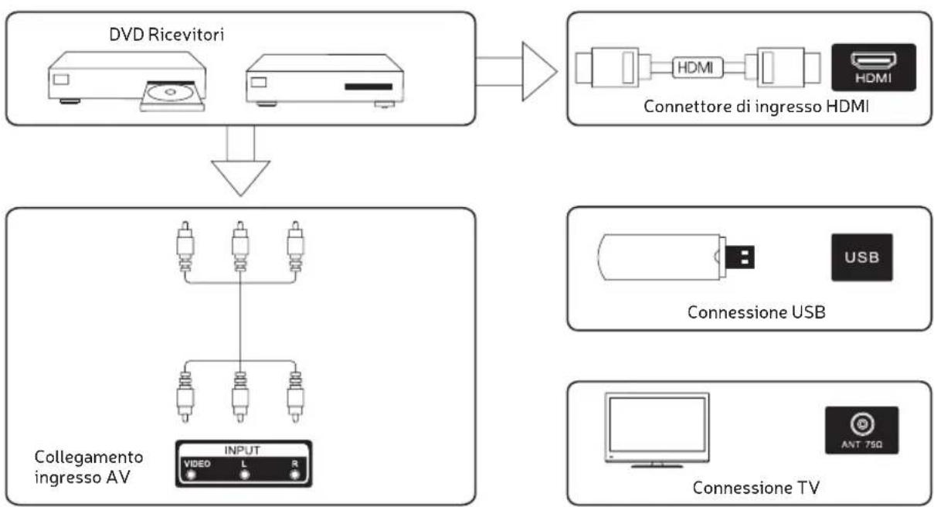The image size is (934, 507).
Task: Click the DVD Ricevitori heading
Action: pos(166,34)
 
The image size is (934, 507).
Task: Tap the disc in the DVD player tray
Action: pos(170,92)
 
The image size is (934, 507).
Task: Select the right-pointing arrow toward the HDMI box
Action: pos(516,71)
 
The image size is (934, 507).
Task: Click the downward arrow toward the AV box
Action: pos(240,161)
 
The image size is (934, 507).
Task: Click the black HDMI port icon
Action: pos(874,67)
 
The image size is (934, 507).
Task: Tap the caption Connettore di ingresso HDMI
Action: pos(756,107)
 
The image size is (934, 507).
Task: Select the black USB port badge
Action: pos(862,257)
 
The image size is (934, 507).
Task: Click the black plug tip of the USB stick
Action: pos(739,257)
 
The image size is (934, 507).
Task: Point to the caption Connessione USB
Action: pos(756,312)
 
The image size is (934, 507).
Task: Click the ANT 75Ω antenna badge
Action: pos(861,430)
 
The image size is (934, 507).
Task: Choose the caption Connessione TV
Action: pos(756,488)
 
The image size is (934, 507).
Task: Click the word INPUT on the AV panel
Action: pos(243,451)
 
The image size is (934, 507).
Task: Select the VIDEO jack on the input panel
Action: pos(191,475)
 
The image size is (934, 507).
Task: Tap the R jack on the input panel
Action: pos(295,475)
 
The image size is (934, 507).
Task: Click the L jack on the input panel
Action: pos(244,475)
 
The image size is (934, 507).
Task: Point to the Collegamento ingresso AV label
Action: pos(89,467)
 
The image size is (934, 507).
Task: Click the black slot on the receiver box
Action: pos(369,87)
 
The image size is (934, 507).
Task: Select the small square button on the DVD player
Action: pos(61,80)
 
